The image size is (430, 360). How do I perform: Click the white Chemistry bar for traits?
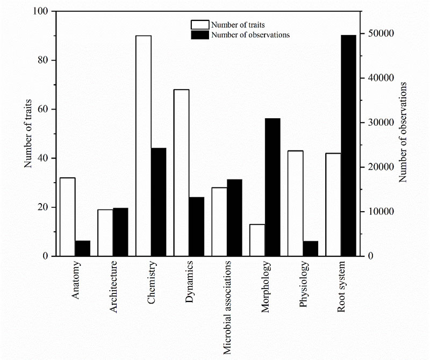144,146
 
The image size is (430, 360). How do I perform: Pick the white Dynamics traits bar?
181,172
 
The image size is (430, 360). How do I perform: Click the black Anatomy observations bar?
82,248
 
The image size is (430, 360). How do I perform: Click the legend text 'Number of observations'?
250,34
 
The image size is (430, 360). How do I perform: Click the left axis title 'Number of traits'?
28,134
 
